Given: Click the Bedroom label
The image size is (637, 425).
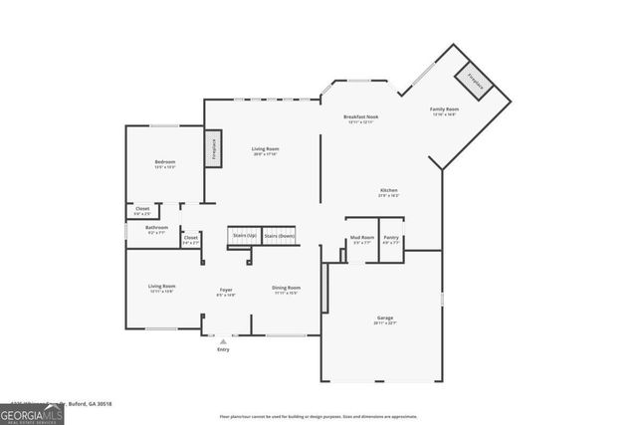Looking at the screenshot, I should [164, 162].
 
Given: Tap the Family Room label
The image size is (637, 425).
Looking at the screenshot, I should [444, 108].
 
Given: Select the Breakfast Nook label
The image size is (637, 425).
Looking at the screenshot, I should [361, 117].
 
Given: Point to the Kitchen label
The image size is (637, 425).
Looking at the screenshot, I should [388, 190].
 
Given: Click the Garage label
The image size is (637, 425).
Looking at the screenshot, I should [384, 319].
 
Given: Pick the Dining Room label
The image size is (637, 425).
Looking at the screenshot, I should [287, 289].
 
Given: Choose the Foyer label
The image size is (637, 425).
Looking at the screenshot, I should [227, 290].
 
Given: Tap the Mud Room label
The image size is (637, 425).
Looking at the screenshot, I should [361, 238].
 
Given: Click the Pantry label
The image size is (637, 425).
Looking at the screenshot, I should [391, 238].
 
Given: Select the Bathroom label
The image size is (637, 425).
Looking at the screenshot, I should [156, 228].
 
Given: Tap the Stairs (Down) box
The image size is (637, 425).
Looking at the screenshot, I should [279, 236].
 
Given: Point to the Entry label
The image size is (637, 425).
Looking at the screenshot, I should [223, 349].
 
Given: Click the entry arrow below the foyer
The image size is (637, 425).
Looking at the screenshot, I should [223, 339].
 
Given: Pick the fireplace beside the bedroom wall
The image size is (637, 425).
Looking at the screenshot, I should [213, 149].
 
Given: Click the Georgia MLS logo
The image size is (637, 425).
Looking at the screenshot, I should [32, 412].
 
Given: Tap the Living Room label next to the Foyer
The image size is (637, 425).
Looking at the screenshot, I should [161, 289].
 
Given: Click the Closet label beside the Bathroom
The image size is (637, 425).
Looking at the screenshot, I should [190, 238].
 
